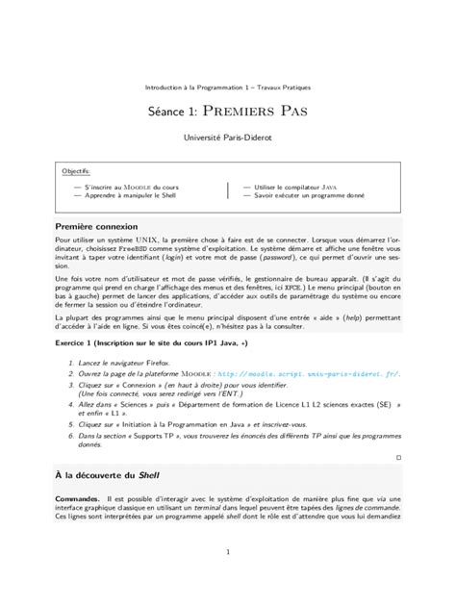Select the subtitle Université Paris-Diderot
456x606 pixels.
[228, 139]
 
